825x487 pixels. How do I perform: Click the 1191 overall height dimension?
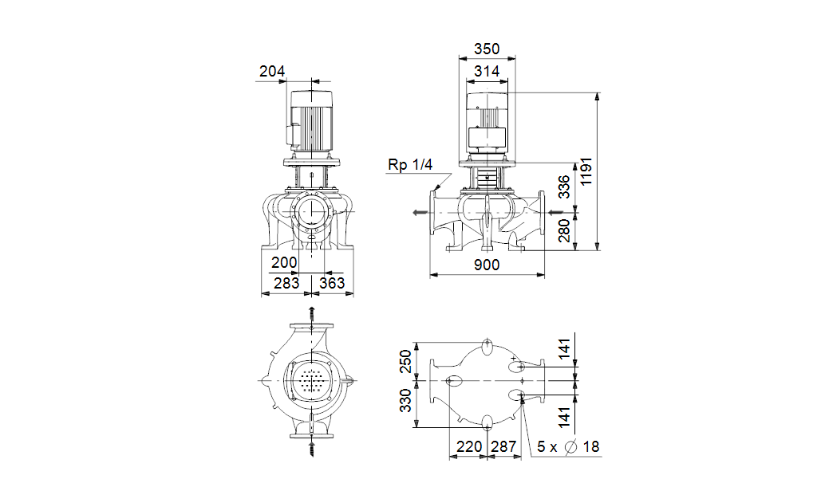[586, 171]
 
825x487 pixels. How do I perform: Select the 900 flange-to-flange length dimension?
[487, 265]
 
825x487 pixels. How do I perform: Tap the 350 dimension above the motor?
[487, 49]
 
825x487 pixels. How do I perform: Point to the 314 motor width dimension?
[487, 71]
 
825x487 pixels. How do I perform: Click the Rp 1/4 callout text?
[410, 165]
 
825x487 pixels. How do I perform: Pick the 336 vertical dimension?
[563, 187]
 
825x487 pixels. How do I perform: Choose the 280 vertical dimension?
[563, 230]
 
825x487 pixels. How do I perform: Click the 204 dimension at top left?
[272, 71]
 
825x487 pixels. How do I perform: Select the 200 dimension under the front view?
[284, 262]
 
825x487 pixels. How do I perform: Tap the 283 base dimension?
[286, 283]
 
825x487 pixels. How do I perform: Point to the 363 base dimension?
[332, 283]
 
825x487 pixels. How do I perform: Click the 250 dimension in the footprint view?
[405, 361]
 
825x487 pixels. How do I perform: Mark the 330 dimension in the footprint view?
[405, 400]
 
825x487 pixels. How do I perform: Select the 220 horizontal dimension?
[469, 446]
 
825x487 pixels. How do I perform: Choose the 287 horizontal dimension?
[503, 446]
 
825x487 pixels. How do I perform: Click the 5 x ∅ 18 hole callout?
[568, 446]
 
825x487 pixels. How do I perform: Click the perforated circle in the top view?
[311, 380]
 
